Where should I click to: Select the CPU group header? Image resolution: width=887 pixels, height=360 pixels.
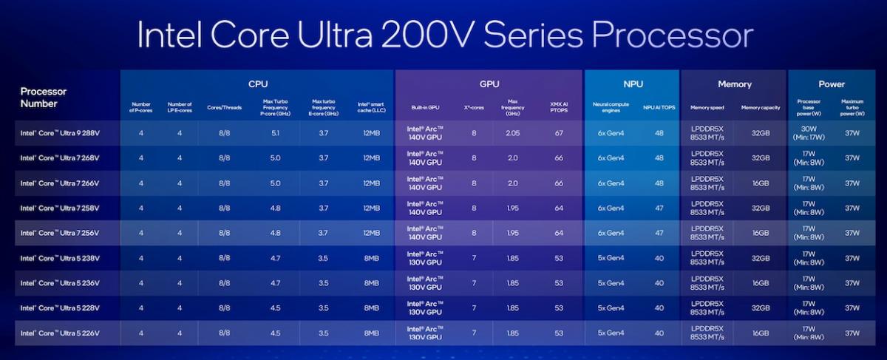pyautogui.click(x=257, y=84)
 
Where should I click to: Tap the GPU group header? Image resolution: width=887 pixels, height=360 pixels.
pyautogui.click(x=489, y=84)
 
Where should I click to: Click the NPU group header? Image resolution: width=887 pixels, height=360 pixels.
pyautogui.click(x=631, y=84)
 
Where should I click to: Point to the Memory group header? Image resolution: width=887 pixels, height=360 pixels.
pyautogui.click(x=734, y=84)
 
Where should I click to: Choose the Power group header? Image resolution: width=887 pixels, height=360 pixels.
pyautogui.click(x=832, y=84)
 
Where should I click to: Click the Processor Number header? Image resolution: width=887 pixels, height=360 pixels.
pyautogui.click(x=44, y=98)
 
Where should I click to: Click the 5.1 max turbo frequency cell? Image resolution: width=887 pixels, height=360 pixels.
pyautogui.click(x=275, y=132)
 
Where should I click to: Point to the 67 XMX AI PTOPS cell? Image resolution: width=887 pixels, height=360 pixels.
pyautogui.click(x=559, y=132)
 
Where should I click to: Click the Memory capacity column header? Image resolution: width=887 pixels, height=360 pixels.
pyautogui.click(x=761, y=107)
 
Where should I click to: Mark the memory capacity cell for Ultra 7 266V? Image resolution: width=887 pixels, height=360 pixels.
pyautogui.click(x=761, y=183)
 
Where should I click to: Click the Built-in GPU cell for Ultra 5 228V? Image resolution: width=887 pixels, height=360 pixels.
pyautogui.click(x=426, y=308)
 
